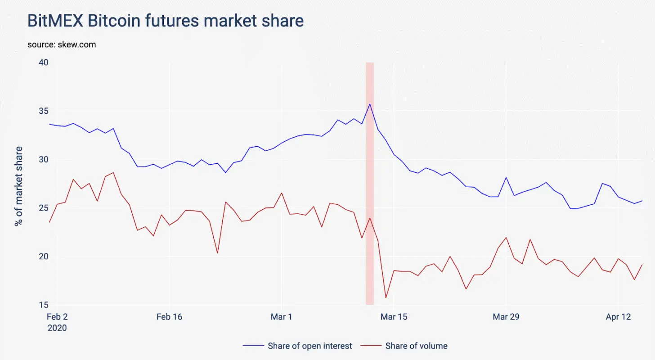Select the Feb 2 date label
tap(57, 317)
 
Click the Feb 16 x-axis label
tap(169, 317)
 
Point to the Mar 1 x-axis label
tap(281, 317)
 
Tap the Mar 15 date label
tap(394, 317)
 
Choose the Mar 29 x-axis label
tap(506, 317)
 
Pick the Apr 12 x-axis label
tap(618, 317)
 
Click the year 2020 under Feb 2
tap(57, 328)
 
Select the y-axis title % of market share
tap(19, 186)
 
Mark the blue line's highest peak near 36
tap(370, 104)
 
